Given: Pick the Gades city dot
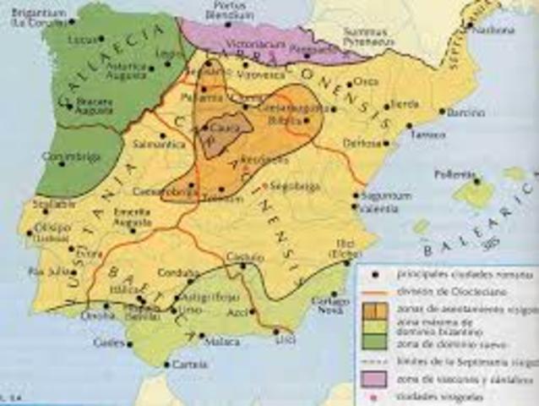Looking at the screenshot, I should pos(128,343).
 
